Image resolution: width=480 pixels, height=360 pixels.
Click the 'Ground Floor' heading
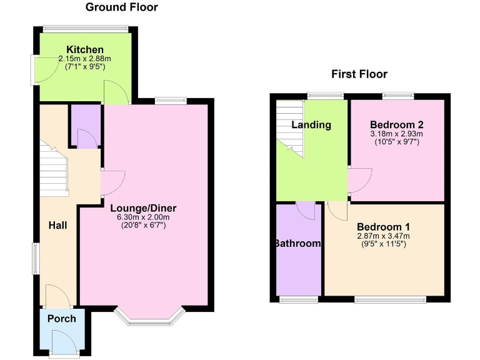(x=121, y=7)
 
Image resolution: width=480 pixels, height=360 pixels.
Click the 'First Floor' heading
(x=359, y=74)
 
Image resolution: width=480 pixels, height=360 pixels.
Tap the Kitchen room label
(x=85, y=50)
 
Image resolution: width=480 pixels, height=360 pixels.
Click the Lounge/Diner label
(x=144, y=208)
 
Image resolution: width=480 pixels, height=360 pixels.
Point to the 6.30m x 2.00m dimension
(x=144, y=217)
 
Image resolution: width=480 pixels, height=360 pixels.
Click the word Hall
(x=57, y=225)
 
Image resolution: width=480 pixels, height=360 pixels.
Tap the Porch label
(x=62, y=319)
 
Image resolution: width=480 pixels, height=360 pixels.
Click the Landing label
(x=311, y=125)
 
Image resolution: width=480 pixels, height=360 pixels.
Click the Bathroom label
(x=297, y=244)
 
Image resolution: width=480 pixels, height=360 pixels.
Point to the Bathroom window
(x=297, y=301)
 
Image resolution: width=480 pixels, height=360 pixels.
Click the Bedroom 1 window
(x=391, y=301)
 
